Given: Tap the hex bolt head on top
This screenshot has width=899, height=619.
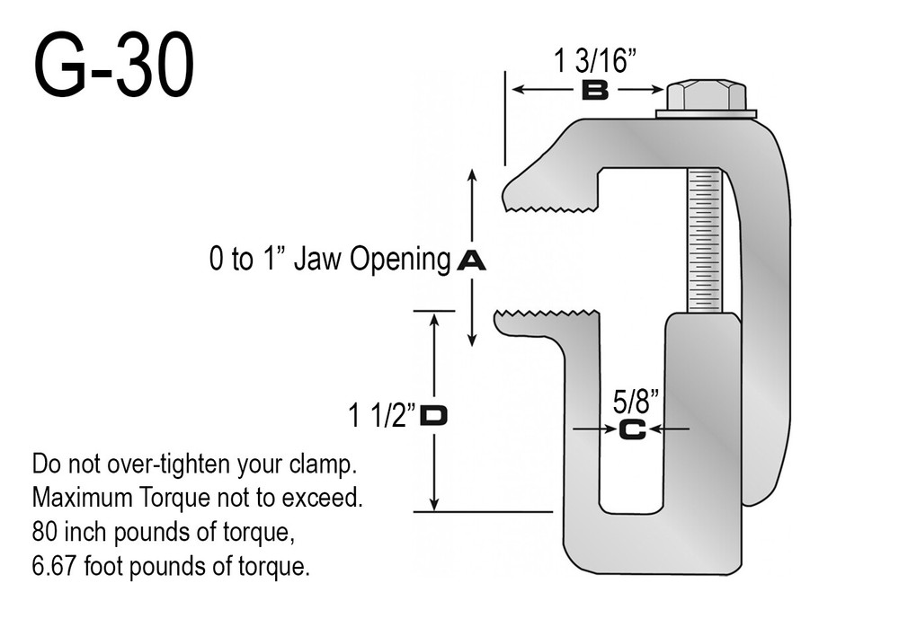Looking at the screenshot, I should point(707,94).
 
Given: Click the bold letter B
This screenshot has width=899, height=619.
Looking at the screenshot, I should point(594,90).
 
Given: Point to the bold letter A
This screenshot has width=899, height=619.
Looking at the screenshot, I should point(471,261).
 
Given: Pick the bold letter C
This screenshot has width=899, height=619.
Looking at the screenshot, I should point(632,430).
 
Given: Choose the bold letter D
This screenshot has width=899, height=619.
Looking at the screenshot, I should point(435,416).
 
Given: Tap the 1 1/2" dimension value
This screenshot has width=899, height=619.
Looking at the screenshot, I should point(382,416).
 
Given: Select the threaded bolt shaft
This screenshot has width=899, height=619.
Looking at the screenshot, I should point(705,238).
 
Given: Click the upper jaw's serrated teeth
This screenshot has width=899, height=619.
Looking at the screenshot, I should point(553,208).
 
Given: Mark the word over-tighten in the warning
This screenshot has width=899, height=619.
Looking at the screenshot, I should point(177,466).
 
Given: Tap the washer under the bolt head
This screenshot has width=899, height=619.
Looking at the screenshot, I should point(707,114).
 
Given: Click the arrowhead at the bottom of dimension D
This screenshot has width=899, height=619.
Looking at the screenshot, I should point(435,505).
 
